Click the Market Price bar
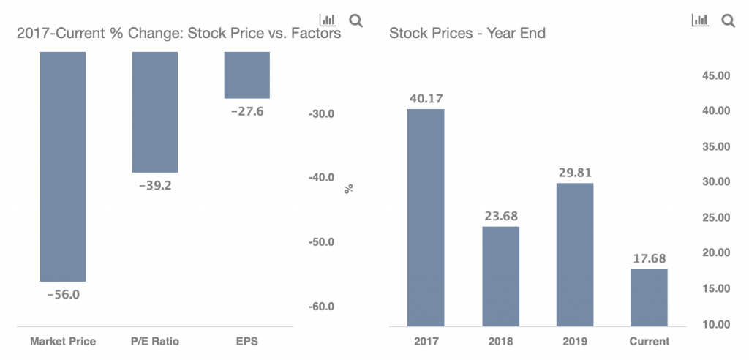pyautogui.click(x=63, y=166)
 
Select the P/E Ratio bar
pyautogui.click(x=155, y=112)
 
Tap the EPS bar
pyautogui.click(x=247, y=75)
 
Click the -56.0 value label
pyautogui.click(x=64, y=294)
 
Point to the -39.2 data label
pyautogui.click(x=155, y=186)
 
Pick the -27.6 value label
pyautogui.click(x=247, y=112)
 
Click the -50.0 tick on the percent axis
pyautogui.click(x=320, y=242)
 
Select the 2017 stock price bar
pyautogui.click(x=426, y=217)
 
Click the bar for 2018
pyautogui.click(x=500, y=277)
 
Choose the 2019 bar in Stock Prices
pyautogui.click(x=575, y=255)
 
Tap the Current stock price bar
pyautogui.click(x=650, y=298)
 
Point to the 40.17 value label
pyautogui.click(x=426, y=99)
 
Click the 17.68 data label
pyautogui.click(x=650, y=258)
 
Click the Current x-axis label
pyautogui.click(x=650, y=342)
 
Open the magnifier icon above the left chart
pyautogui.click(x=356, y=20)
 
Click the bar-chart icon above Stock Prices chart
pyautogui.click(x=700, y=20)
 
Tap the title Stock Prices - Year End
pyautogui.click(x=467, y=34)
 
